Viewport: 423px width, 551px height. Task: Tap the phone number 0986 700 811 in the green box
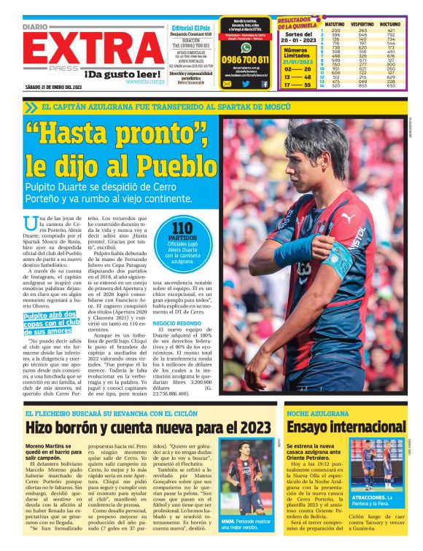[244, 60]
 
